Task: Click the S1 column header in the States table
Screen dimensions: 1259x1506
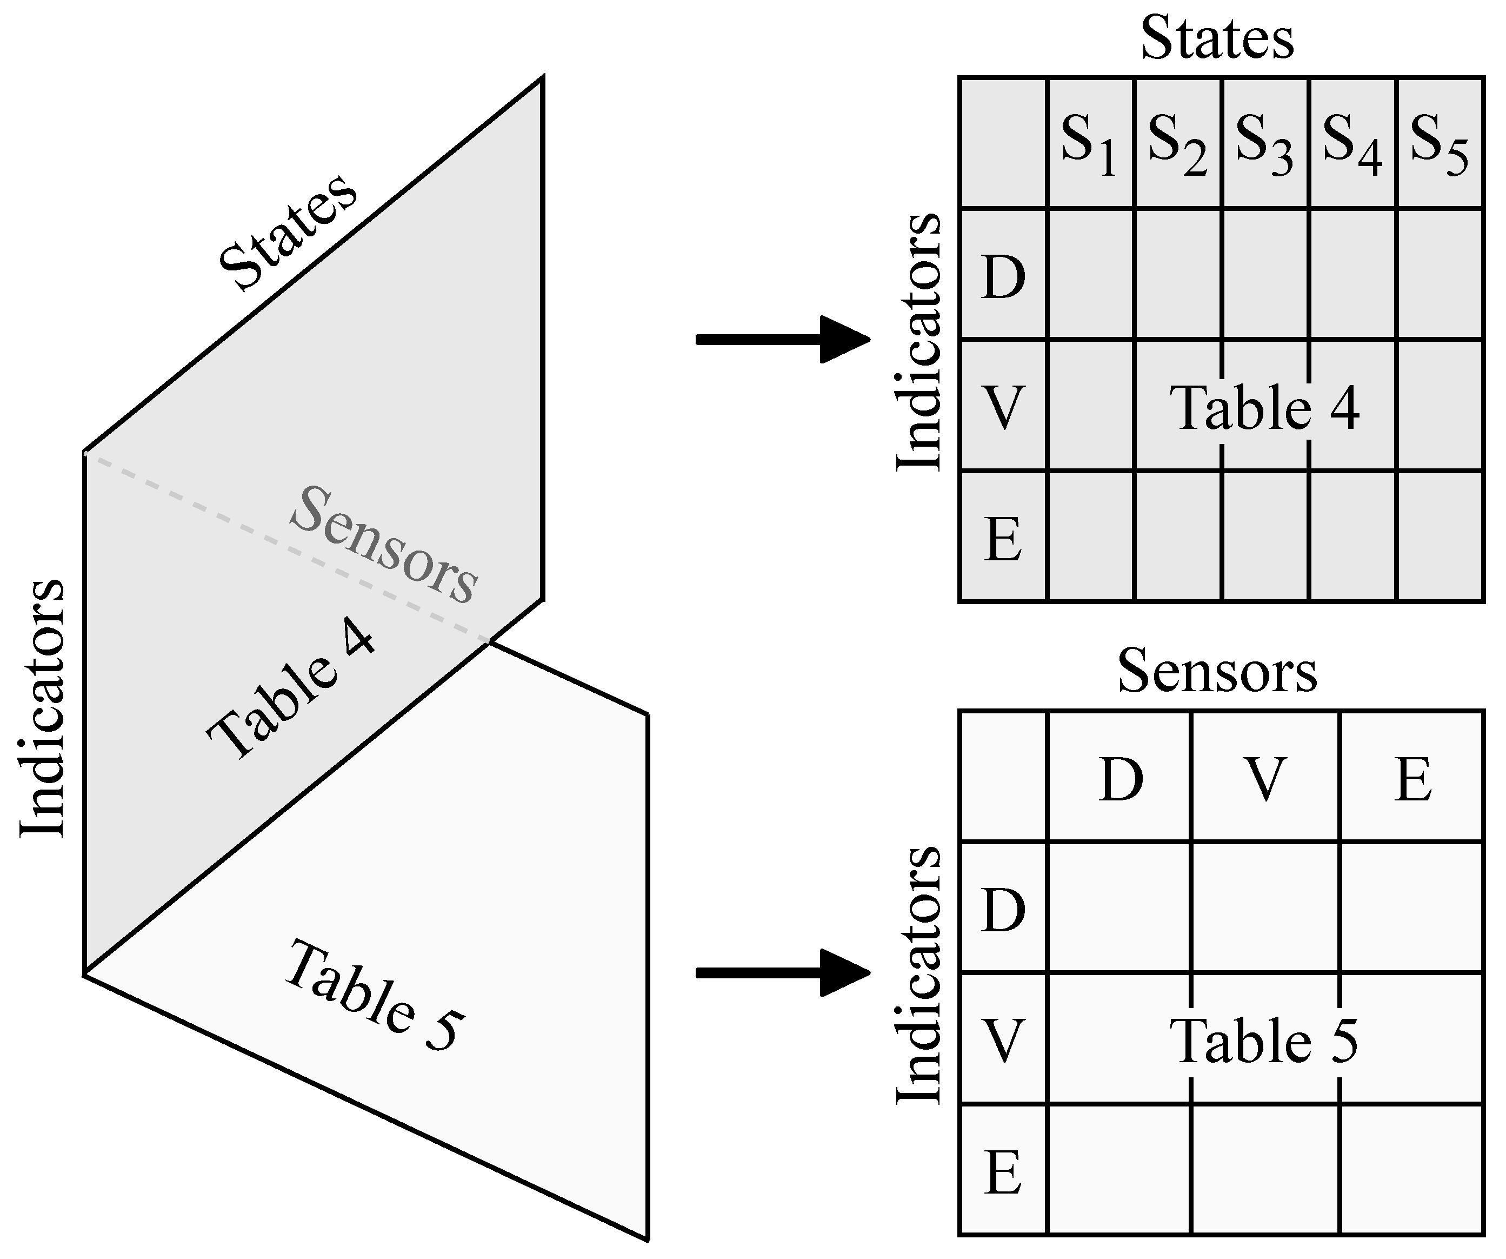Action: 1089,143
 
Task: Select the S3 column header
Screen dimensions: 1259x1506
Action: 1264,143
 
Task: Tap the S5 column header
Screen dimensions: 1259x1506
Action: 1438,143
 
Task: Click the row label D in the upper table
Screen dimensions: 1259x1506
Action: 1003,277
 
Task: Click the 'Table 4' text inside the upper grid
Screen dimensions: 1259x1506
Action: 1264,407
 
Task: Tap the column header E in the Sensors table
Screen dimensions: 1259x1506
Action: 1413,780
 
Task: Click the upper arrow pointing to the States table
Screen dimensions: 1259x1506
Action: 782,339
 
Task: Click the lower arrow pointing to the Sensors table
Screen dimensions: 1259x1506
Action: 782,973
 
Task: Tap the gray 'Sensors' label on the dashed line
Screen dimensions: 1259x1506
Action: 384,545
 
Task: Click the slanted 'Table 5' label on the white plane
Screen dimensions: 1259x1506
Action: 373,998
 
